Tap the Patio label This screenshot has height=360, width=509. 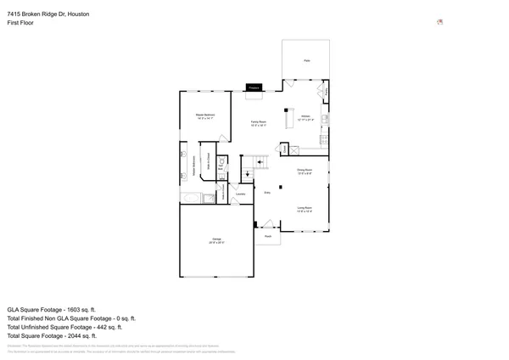pos(306,61)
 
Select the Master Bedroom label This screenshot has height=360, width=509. pos(204,115)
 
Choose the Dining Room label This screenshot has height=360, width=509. pos(305,172)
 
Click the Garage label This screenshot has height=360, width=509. pos(216,240)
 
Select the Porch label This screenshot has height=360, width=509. pos(267,236)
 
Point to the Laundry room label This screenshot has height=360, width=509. pos(240,194)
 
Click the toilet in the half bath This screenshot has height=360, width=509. pos(221,160)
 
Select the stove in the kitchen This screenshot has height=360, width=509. pos(324,120)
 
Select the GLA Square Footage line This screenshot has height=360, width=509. pos(52,311)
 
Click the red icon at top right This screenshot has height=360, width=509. pos(439,22)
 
